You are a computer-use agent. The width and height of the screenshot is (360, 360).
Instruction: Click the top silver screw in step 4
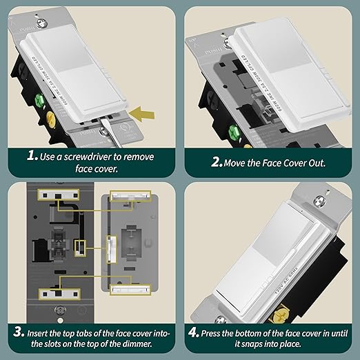point(318,201)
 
